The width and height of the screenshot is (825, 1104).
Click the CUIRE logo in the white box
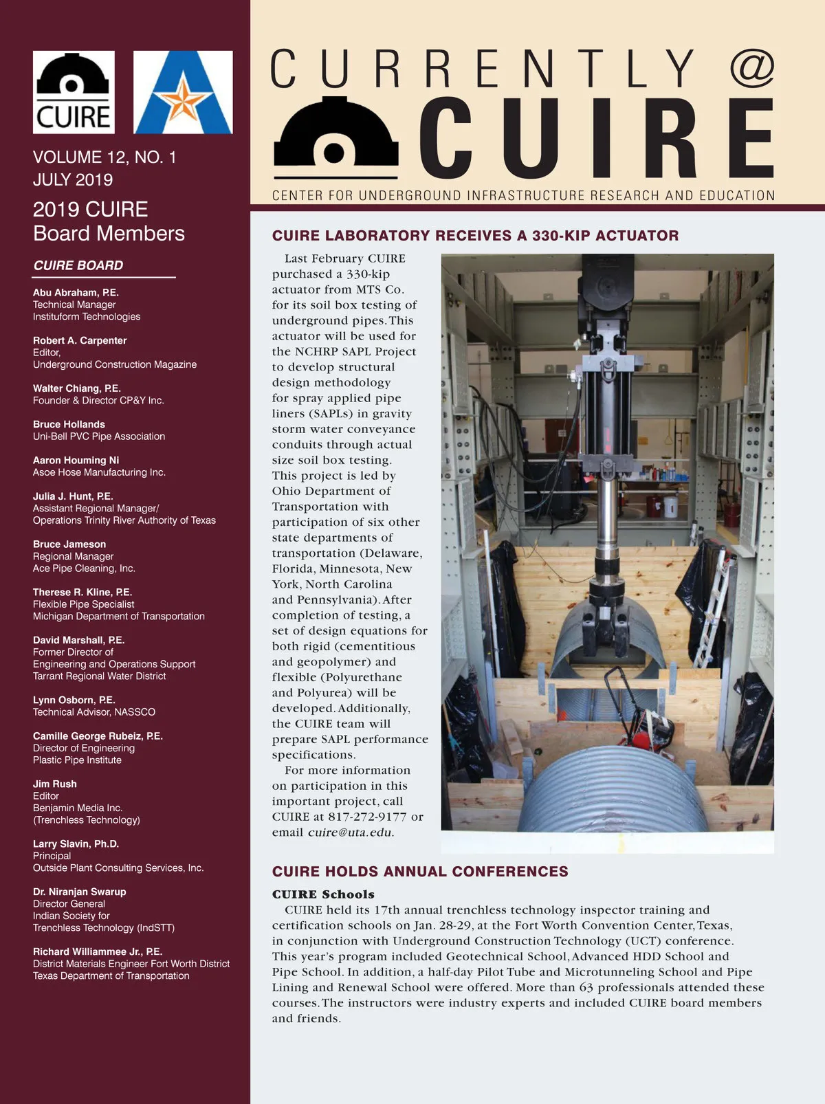pos(74,92)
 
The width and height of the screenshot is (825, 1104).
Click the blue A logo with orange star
pos(183,92)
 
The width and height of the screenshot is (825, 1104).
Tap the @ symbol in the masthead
pos(751,68)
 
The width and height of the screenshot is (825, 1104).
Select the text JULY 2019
pos(73,180)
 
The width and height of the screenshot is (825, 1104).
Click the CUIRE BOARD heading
pos(78,265)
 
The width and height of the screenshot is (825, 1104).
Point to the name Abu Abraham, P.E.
pos(76,293)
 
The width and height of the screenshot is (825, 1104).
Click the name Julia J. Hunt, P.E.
pos(73,496)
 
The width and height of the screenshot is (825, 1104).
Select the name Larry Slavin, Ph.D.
pos(76,844)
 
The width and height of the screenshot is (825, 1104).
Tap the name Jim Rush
pos(55,784)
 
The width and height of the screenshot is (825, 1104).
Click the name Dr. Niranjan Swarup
pos(80,892)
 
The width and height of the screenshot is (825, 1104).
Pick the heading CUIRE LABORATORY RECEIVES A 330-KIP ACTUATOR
pos(475,236)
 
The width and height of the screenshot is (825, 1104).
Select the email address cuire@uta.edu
pos(350,832)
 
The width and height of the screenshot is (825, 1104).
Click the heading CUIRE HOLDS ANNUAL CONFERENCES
pos(420,872)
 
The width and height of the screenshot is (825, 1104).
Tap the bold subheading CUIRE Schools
pos(323,894)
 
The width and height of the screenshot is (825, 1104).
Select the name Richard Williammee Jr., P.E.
pos(98,952)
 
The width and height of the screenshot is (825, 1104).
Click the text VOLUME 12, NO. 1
pos(104,157)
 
